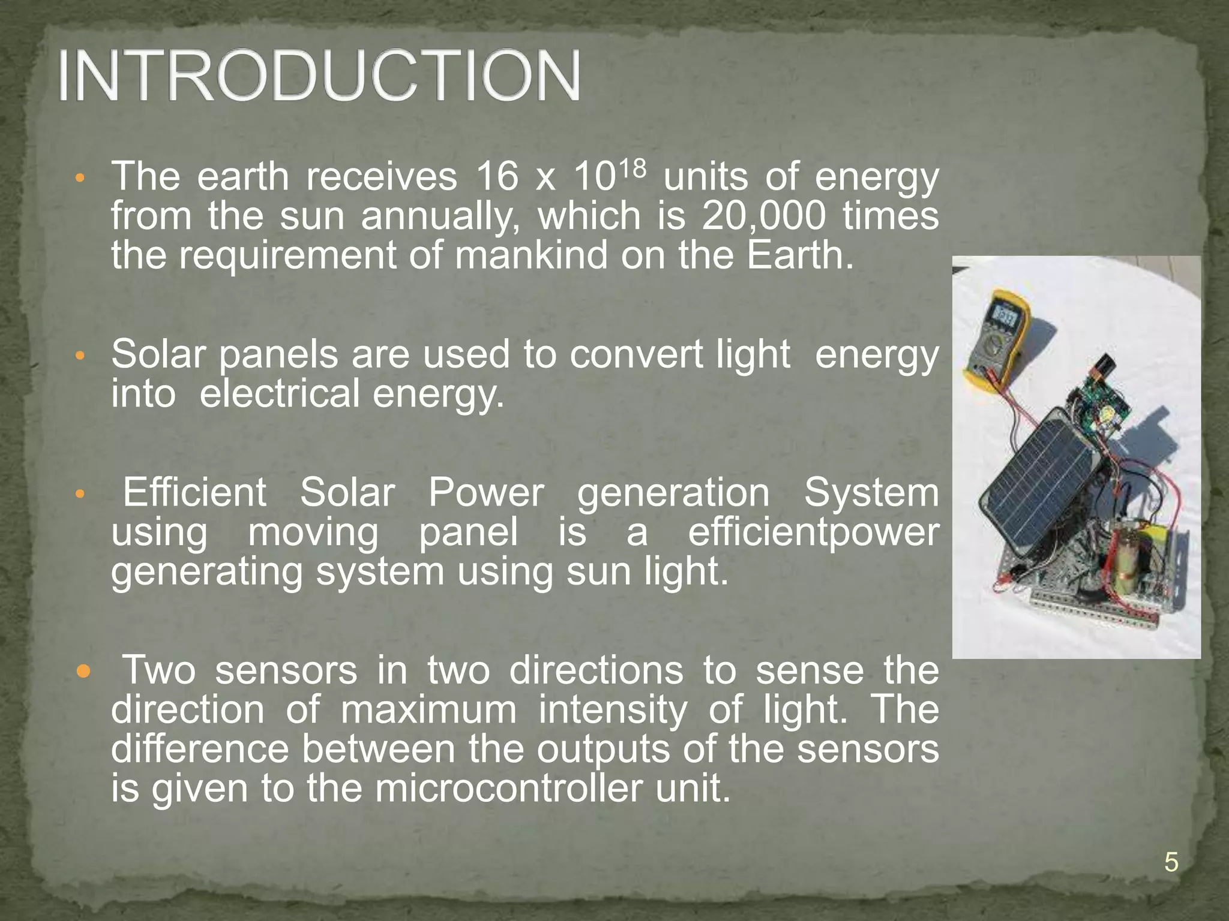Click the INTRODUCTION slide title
click(x=319, y=77)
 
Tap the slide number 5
click(x=1171, y=863)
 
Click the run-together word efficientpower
click(x=813, y=532)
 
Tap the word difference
click(x=200, y=749)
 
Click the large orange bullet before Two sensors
click(x=83, y=671)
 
